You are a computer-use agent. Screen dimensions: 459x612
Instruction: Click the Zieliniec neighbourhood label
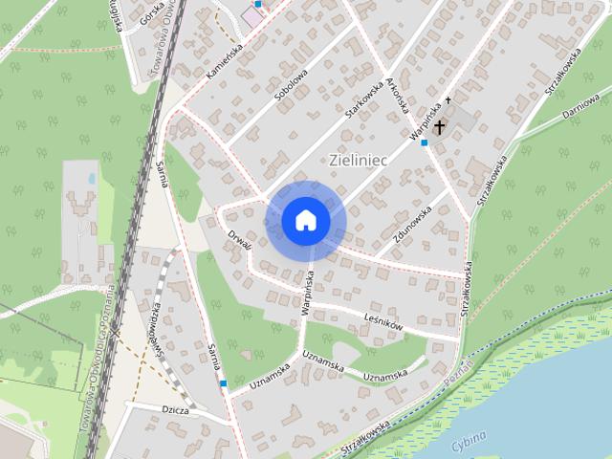coord(357,160)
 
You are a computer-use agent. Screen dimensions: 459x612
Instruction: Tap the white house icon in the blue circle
coord(306,220)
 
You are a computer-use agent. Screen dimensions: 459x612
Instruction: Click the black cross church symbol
coord(441,127)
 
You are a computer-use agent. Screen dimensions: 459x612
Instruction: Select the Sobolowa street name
coord(290,84)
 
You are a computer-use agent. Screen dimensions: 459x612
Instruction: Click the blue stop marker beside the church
coord(424,142)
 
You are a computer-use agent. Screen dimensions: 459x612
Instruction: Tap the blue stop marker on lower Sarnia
coord(223,383)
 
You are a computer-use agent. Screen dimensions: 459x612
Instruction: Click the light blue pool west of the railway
coord(91,178)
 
